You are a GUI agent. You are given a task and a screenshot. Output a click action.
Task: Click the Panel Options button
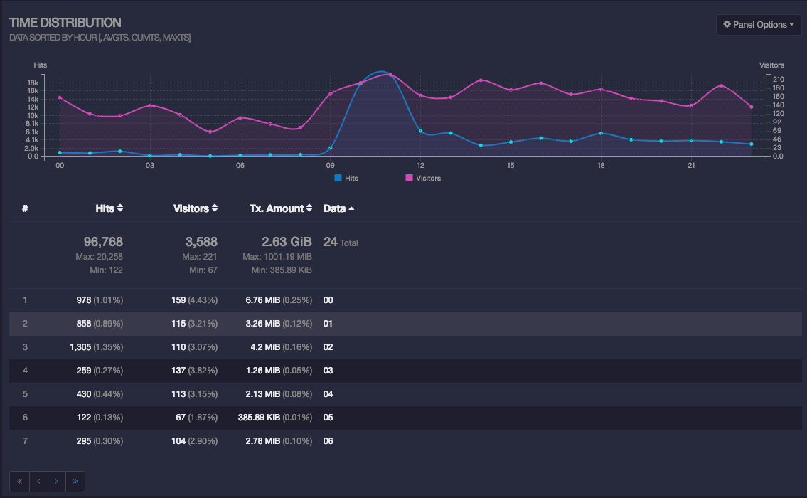[759, 25]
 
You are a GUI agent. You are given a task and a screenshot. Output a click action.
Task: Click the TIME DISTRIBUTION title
[65, 23]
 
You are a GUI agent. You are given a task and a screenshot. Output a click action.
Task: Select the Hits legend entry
[346, 178]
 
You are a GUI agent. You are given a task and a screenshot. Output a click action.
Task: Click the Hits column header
[109, 208]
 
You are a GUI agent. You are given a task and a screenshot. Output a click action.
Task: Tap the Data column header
[338, 208]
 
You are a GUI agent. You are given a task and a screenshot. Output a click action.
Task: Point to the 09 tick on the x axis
[330, 166]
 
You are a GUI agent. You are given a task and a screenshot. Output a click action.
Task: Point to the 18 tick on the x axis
[601, 166]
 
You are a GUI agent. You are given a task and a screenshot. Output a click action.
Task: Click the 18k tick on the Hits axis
[33, 83]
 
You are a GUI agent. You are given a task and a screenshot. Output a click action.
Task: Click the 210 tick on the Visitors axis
[778, 79]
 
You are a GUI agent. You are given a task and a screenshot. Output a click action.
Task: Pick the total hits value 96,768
[103, 242]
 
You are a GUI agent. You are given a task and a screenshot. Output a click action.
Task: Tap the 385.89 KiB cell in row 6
[259, 418]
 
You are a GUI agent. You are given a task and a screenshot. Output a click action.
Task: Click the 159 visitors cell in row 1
[178, 300]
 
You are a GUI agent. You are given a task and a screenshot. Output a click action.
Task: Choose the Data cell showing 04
[328, 394]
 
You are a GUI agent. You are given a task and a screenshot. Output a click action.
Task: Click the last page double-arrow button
[75, 481]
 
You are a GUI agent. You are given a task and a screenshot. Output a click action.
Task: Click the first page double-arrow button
[19, 481]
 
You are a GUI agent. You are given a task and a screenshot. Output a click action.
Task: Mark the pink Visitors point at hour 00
[60, 97]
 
